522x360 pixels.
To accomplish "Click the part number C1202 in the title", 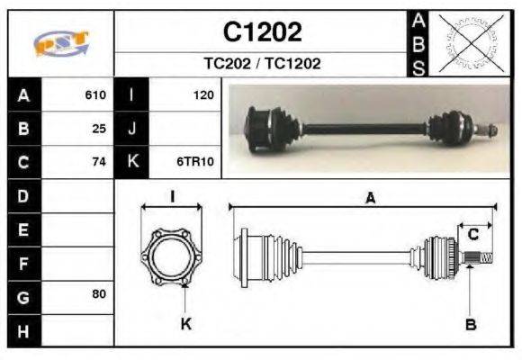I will point(262,32).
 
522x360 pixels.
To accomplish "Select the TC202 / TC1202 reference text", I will point(262,64).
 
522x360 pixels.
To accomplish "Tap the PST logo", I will point(60,43).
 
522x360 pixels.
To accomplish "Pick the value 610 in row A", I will point(96,94).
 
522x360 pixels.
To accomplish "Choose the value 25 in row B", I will point(100,129).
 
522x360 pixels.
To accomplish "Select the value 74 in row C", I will point(100,162).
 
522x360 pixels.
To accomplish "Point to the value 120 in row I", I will point(202,94).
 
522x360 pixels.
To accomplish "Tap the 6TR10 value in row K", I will point(195,162).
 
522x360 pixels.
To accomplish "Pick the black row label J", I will point(132,129).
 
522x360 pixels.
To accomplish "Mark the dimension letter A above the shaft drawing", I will point(370,199).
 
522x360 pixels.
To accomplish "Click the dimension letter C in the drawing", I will point(472,234).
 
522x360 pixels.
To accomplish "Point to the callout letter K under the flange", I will point(186,324).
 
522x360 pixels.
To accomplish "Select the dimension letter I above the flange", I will point(172,197).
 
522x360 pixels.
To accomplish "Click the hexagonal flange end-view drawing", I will point(172,257).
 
